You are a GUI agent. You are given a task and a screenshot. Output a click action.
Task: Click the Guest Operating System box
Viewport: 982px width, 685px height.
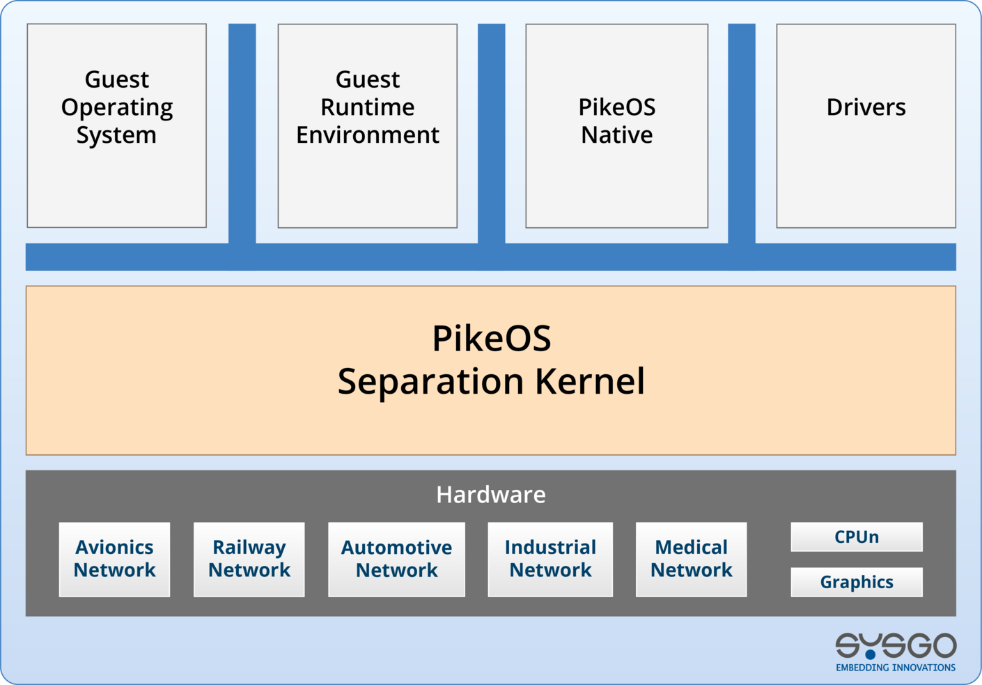point(116,125)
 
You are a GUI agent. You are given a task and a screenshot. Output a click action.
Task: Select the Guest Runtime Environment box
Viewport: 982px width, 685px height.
point(367,125)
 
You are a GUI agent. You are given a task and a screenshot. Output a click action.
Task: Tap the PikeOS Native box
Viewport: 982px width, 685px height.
point(616,125)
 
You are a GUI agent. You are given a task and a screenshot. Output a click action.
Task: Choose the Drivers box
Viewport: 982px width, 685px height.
point(866,125)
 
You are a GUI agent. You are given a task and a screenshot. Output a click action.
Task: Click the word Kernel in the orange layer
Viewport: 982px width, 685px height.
point(589,381)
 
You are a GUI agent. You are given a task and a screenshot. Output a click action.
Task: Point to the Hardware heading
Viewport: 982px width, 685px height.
point(490,494)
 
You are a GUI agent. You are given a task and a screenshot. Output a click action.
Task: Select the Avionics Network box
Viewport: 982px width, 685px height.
point(114,559)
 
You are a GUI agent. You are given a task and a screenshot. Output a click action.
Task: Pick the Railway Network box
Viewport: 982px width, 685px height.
point(249,559)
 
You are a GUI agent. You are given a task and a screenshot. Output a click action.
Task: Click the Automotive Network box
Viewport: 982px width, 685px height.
point(396,559)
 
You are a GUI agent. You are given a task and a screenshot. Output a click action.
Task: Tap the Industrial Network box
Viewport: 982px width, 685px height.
point(550,559)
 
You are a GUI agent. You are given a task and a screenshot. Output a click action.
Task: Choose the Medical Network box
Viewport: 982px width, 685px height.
point(691,559)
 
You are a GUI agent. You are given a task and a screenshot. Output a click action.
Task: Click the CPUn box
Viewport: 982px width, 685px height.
point(856,537)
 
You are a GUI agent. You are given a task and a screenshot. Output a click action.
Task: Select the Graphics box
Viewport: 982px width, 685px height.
point(856,582)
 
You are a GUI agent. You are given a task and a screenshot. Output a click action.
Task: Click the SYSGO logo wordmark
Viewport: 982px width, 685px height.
point(896,645)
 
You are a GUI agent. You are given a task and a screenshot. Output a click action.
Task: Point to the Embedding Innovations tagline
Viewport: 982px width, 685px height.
point(896,668)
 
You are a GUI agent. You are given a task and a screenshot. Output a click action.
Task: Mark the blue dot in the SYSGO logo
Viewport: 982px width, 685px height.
point(870,654)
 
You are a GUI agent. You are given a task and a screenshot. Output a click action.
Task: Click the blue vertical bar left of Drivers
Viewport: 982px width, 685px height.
point(741,132)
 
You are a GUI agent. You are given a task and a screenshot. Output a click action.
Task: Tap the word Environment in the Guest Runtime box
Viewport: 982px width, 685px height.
point(367,134)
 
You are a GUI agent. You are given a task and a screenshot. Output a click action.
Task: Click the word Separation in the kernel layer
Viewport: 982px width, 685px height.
point(430,381)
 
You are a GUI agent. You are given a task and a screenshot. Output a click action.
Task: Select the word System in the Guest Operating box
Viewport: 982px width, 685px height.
point(116,134)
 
